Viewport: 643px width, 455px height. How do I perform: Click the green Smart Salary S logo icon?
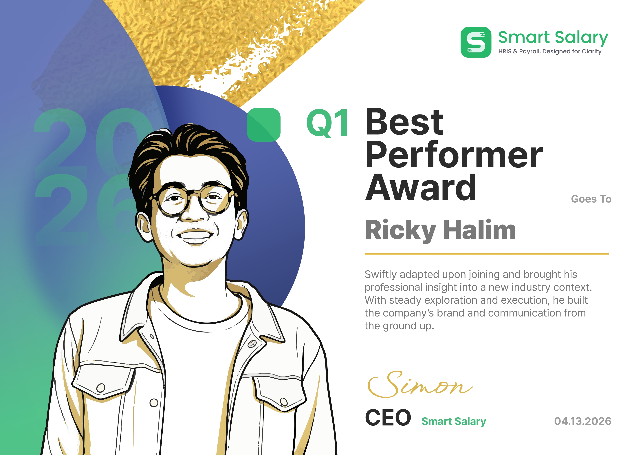(476, 42)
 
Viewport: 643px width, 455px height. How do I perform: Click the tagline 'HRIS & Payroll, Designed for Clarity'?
(550, 52)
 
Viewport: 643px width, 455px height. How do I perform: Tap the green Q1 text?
(327, 123)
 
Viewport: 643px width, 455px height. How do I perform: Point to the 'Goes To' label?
(591, 199)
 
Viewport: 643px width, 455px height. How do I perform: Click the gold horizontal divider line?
(487, 254)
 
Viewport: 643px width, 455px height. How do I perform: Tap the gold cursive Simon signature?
(420, 384)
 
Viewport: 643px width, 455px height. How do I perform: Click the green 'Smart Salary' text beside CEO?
(454, 421)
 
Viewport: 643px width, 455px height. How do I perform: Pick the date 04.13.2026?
(583, 421)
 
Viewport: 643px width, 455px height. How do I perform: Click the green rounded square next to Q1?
(263, 125)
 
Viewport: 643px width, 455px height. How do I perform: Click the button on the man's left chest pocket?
(283, 402)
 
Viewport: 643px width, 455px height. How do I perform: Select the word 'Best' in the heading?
(404, 122)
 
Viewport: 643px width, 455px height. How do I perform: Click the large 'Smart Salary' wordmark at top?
(553, 38)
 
